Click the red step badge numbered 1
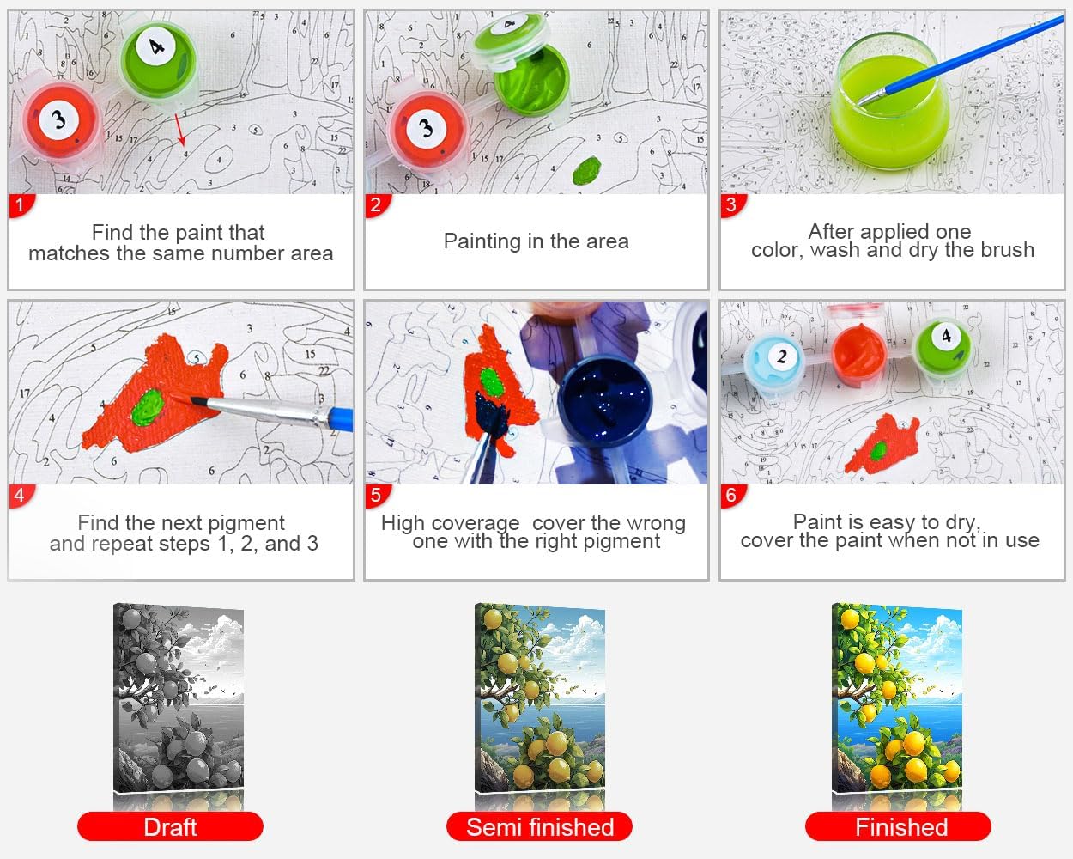click(x=21, y=205)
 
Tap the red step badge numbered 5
click(x=378, y=496)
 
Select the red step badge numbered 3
click(x=733, y=205)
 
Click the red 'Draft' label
click(x=170, y=826)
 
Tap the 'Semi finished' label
click(x=539, y=826)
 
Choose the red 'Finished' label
click(x=898, y=826)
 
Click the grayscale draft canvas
click(x=179, y=698)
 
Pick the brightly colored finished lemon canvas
click(x=896, y=698)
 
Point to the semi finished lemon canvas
click(x=539, y=698)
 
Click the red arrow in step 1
click(x=180, y=130)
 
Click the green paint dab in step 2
click(x=587, y=170)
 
